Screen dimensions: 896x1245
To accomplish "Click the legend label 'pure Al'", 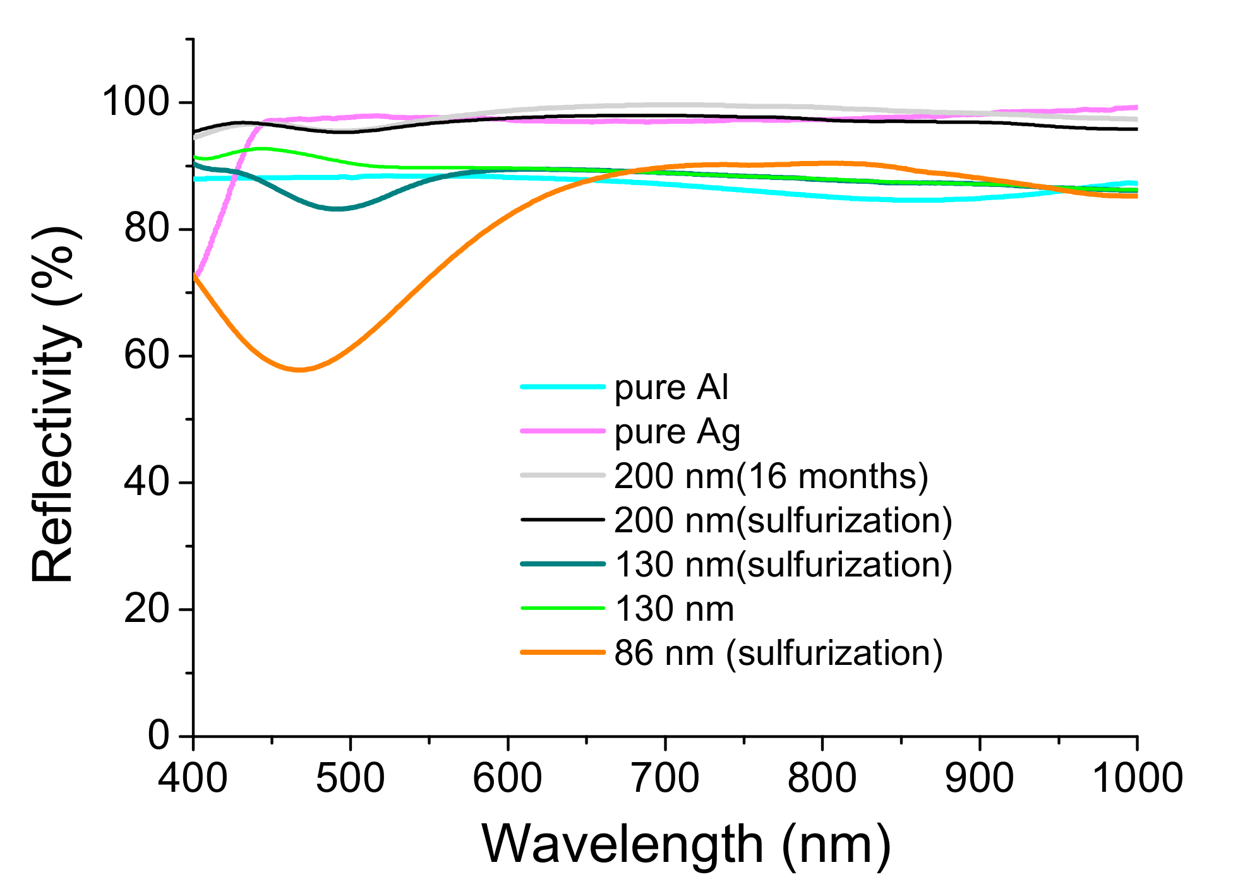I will click(x=671, y=388).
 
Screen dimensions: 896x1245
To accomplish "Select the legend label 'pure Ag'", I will click(x=677, y=433).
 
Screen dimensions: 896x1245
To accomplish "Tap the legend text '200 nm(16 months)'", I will click(x=771, y=476).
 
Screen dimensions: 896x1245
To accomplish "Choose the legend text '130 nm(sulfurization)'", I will click(x=783, y=564).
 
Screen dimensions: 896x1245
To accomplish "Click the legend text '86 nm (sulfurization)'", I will click(x=778, y=653).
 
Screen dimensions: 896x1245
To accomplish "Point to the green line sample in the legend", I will click(x=562, y=609).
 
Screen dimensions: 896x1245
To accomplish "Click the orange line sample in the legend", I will click(x=562, y=652).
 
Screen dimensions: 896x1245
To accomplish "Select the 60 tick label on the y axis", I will click(x=147, y=355).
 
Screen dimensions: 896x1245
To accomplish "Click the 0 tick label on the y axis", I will click(x=159, y=735).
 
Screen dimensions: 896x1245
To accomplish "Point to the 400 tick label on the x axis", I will click(x=193, y=777).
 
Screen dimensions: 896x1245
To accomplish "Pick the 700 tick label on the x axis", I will click(x=665, y=777).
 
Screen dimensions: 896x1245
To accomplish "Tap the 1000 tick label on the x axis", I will click(x=1137, y=777).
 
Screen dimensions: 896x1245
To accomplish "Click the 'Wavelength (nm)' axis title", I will click(x=687, y=844).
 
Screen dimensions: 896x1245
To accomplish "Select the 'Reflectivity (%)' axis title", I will click(x=55, y=404).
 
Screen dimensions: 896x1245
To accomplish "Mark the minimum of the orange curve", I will click(x=299, y=369).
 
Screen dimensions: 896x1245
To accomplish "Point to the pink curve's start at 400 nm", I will click(x=195, y=275).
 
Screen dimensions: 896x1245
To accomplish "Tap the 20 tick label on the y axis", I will click(x=147, y=609).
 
